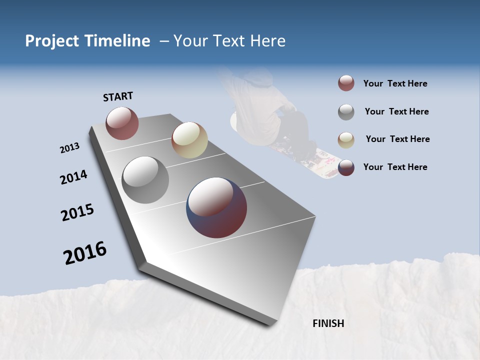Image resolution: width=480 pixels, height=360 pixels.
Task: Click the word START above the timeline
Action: click(x=118, y=96)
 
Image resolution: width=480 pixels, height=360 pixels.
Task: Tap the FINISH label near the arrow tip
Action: click(x=328, y=323)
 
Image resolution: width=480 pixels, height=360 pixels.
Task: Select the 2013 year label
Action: click(x=69, y=148)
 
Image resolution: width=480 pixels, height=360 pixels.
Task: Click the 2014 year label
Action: click(x=73, y=177)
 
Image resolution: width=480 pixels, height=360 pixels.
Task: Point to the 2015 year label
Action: click(x=77, y=212)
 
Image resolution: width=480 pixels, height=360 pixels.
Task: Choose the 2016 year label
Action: click(x=85, y=253)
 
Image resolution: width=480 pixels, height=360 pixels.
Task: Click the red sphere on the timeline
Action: click(x=122, y=123)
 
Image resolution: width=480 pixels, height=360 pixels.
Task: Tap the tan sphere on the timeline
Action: click(x=189, y=140)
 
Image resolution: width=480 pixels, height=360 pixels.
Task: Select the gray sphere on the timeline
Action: click(x=145, y=180)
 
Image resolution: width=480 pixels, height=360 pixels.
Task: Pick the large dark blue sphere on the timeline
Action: click(x=216, y=207)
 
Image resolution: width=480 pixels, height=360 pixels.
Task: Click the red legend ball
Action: click(x=346, y=83)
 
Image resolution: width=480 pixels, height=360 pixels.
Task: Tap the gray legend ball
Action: click(x=346, y=112)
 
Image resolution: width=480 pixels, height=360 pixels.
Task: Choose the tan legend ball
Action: click(x=346, y=139)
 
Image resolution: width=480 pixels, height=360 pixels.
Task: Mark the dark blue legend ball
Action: click(x=346, y=167)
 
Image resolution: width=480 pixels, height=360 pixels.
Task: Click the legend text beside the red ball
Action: click(x=395, y=83)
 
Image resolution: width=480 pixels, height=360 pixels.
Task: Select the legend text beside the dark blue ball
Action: click(x=395, y=167)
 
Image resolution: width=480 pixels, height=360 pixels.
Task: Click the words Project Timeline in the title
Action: click(x=87, y=41)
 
